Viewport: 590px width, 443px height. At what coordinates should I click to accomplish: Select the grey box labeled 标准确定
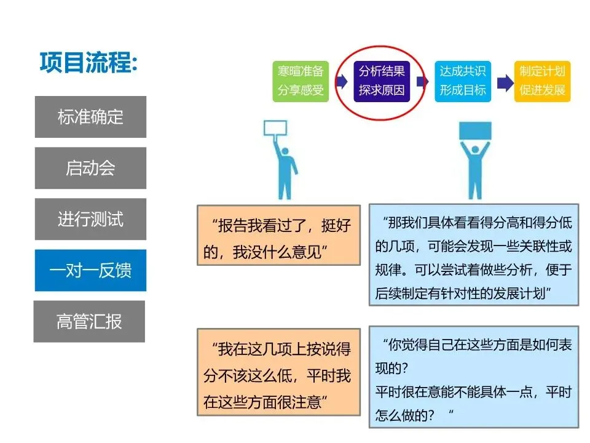[x=90, y=117]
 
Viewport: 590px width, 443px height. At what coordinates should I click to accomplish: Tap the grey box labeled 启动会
[x=90, y=168]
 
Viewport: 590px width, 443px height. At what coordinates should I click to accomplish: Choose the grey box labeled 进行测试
[x=90, y=219]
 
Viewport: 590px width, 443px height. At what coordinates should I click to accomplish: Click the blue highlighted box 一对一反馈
[x=90, y=270]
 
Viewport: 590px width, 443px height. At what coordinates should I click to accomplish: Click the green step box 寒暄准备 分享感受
[x=301, y=81]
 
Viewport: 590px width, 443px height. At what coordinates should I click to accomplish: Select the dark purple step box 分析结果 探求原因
[x=382, y=81]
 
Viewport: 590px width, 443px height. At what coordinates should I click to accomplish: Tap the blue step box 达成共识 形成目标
[x=462, y=81]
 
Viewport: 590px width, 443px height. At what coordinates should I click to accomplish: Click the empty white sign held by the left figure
[x=276, y=127]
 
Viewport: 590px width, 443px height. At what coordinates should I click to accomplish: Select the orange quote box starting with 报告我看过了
[x=278, y=234]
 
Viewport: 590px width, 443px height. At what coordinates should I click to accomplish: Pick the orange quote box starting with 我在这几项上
[x=278, y=371]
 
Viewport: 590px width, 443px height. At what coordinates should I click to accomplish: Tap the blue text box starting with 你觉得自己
[x=473, y=377]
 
